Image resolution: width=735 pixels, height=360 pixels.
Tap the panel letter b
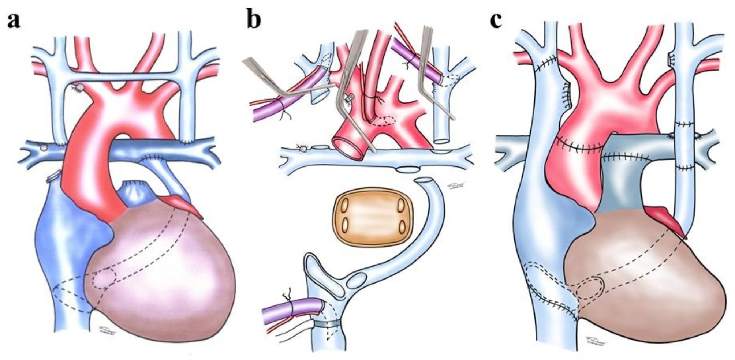254,20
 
